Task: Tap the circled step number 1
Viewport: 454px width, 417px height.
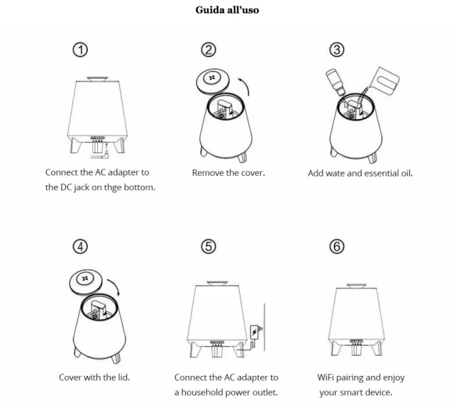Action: click(82, 50)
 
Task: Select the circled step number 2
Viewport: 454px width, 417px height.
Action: click(209, 50)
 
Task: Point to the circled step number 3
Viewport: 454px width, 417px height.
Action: click(338, 50)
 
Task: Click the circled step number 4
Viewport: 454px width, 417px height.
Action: click(82, 246)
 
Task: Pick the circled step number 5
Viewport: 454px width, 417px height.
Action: click(209, 246)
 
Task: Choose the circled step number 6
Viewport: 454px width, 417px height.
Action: click(338, 246)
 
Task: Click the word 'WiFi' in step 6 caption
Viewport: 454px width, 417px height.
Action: click(328, 378)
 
